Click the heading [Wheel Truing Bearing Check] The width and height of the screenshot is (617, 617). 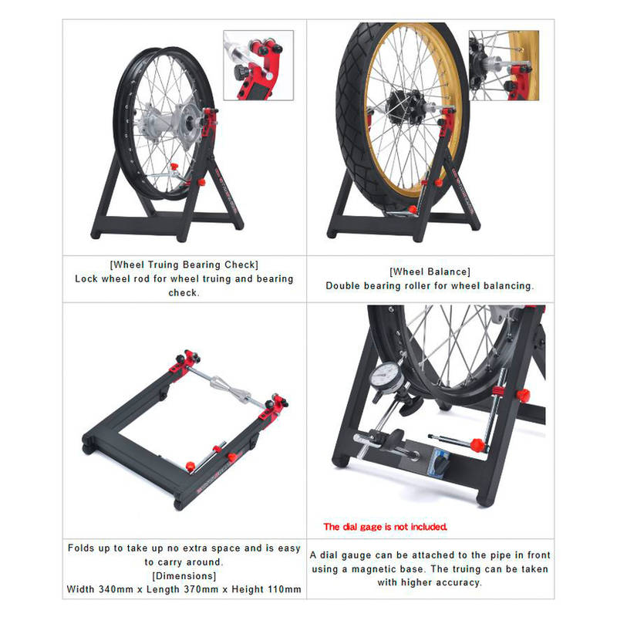184,265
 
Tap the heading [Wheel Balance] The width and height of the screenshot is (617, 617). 430,272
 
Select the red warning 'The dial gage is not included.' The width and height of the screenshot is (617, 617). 385,527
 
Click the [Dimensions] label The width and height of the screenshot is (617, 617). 184,576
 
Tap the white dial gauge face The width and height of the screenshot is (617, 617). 385,376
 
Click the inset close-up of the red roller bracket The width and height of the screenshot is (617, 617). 258,66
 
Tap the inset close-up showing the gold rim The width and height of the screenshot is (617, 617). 504,66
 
